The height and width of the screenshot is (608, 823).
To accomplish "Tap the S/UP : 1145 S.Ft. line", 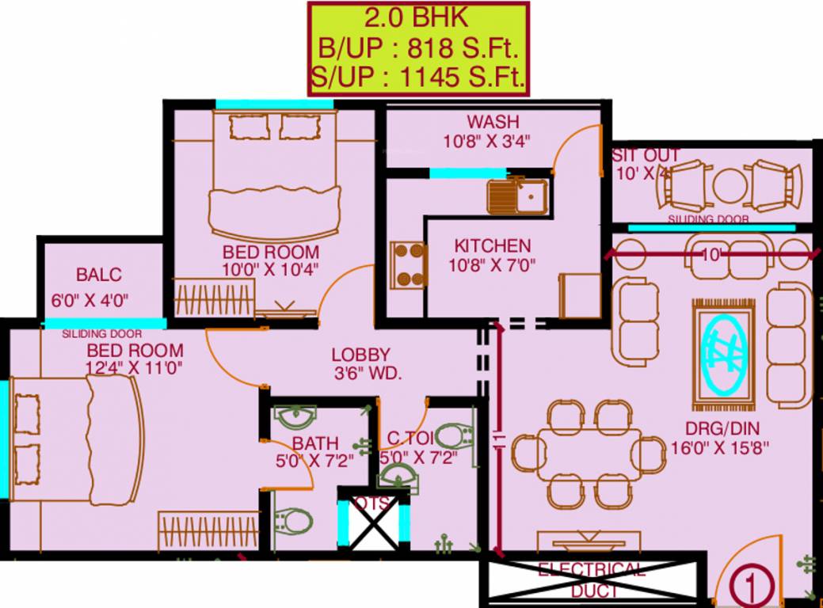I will [x=417, y=78].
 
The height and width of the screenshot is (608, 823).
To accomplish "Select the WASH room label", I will [x=493, y=122].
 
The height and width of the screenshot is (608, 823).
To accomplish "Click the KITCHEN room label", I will [x=492, y=245].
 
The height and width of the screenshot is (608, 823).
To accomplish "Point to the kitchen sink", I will [x=516, y=196].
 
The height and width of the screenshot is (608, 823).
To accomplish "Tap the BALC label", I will [x=99, y=275].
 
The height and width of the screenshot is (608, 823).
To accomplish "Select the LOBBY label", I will [x=360, y=355].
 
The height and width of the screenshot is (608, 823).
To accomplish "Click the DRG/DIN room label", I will [x=722, y=429].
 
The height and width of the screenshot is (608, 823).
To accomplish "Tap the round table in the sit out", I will [x=726, y=187].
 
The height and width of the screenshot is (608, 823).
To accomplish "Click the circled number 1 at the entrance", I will [x=747, y=587].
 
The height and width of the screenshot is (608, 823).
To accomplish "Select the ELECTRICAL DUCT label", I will [x=592, y=580].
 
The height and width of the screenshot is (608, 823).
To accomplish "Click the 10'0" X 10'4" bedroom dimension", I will [x=269, y=269].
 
